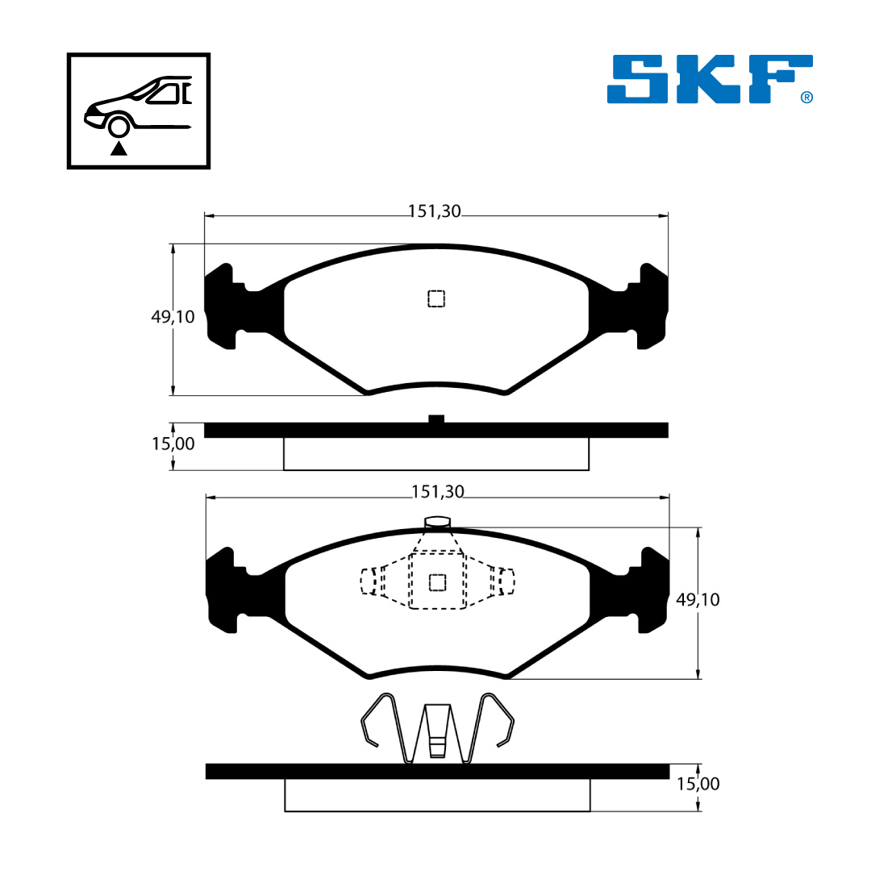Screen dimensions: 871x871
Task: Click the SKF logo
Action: (710, 79)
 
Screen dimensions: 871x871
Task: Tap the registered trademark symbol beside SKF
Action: (806, 98)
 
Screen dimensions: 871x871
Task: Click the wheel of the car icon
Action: (119, 127)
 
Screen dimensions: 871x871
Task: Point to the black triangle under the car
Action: (119, 148)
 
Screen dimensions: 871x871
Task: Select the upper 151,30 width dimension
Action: (435, 211)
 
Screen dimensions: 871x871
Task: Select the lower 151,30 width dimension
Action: (437, 492)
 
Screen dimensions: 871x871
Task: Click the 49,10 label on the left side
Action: (173, 317)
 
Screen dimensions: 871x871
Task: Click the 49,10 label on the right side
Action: (698, 599)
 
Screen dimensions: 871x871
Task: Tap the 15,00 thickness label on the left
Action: (173, 444)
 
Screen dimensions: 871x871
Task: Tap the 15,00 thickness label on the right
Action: (698, 784)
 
